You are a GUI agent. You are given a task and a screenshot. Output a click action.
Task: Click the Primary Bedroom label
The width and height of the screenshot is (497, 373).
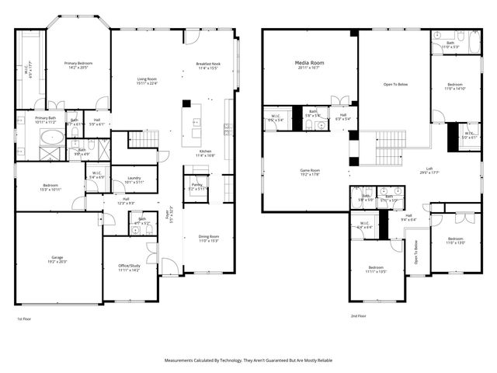point(78,63)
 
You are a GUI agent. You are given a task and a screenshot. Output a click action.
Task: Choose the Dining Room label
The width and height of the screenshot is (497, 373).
point(208,236)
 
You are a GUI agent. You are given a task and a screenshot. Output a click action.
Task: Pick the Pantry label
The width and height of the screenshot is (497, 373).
point(197,185)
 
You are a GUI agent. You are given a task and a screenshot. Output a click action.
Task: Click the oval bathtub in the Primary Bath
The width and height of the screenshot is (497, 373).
point(52,139)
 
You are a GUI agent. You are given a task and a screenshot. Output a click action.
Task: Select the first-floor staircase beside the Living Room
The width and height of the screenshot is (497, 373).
point(143,139)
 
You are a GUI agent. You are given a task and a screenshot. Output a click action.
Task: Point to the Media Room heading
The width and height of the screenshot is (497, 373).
point(309,61)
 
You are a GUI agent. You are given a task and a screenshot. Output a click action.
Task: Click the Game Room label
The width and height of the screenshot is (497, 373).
point(311,170)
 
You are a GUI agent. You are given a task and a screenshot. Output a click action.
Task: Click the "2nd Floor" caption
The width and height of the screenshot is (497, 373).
point(359,316)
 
